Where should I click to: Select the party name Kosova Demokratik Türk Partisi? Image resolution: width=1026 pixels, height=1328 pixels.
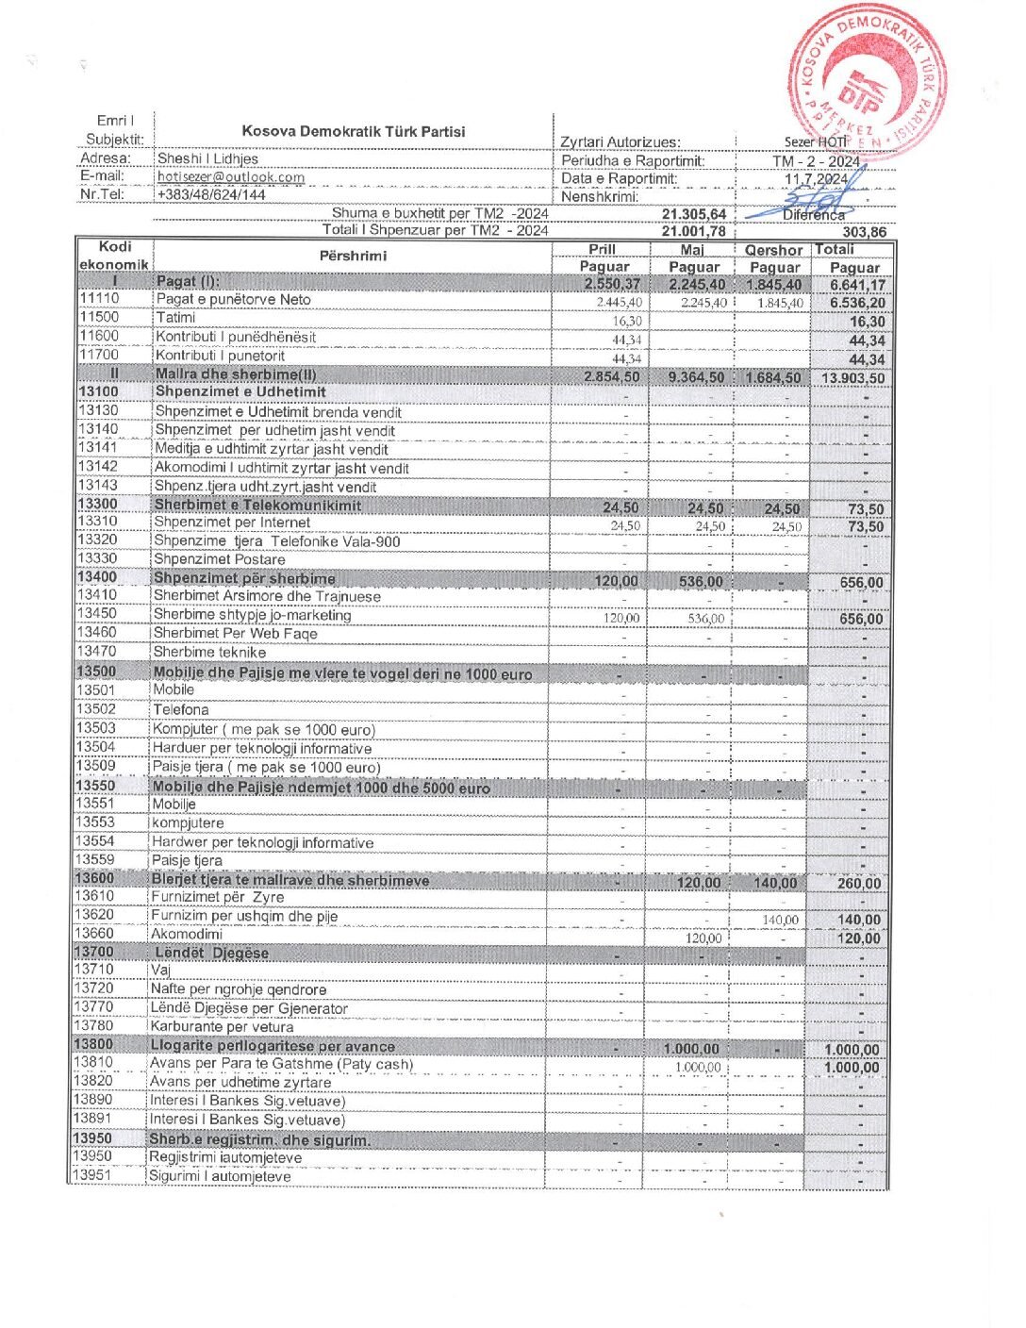click(353, 132)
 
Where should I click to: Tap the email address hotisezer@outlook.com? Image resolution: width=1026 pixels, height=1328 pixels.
click(231, 177)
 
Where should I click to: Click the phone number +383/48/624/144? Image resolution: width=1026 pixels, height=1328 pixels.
click(211, 195)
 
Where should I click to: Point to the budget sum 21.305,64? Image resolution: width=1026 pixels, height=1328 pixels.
click(694, 214)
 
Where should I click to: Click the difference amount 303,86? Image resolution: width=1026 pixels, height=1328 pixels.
click(864, 232)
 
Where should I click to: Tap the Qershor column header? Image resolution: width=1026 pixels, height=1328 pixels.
click(773, 250)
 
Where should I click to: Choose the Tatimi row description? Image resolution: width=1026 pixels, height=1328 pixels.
click(176, 318)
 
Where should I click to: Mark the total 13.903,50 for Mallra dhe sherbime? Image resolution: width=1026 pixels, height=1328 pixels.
click(852, 378)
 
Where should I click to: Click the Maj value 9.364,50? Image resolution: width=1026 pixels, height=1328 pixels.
click(696, 377)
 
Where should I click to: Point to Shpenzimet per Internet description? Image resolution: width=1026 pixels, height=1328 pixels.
click(232, 523)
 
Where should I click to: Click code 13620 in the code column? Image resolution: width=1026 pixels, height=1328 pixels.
click(94, 915)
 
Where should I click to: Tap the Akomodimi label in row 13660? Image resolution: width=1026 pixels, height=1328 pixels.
click(187, 934)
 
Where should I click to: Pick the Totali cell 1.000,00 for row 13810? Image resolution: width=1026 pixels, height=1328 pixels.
click(852, 1068)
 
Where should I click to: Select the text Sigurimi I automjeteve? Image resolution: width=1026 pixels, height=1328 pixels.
click(220, 1176)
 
